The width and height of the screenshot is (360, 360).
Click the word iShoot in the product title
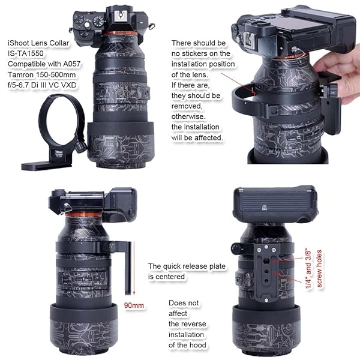pyautogui.click(x=19, y=44)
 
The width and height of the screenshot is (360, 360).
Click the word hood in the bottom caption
pyautogui.click(x=199, y=345)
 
